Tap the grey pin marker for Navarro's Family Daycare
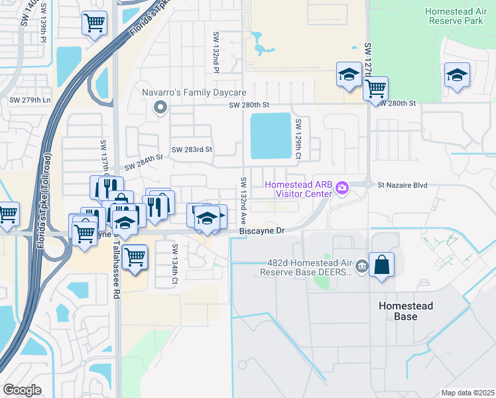pyautogui.click(x=159, y=107)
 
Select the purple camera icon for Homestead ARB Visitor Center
pyautogui.click(x=342, y=188)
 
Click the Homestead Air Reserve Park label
pyautogui.click(x=458, y=17)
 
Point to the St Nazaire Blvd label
pyautogui.click(x=404, y=186)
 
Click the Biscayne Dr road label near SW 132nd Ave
pyautogui.click(x=261, y=231)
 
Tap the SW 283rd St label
pyautogui.click(x=192, y=150)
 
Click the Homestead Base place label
pyautogui.click(x=406, y=311)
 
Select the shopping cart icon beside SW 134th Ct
pyautogui.click(x=135, y=255)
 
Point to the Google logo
pyautogui.click(x=22, y=390)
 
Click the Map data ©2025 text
pyautogui.click(x=467, y=393)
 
